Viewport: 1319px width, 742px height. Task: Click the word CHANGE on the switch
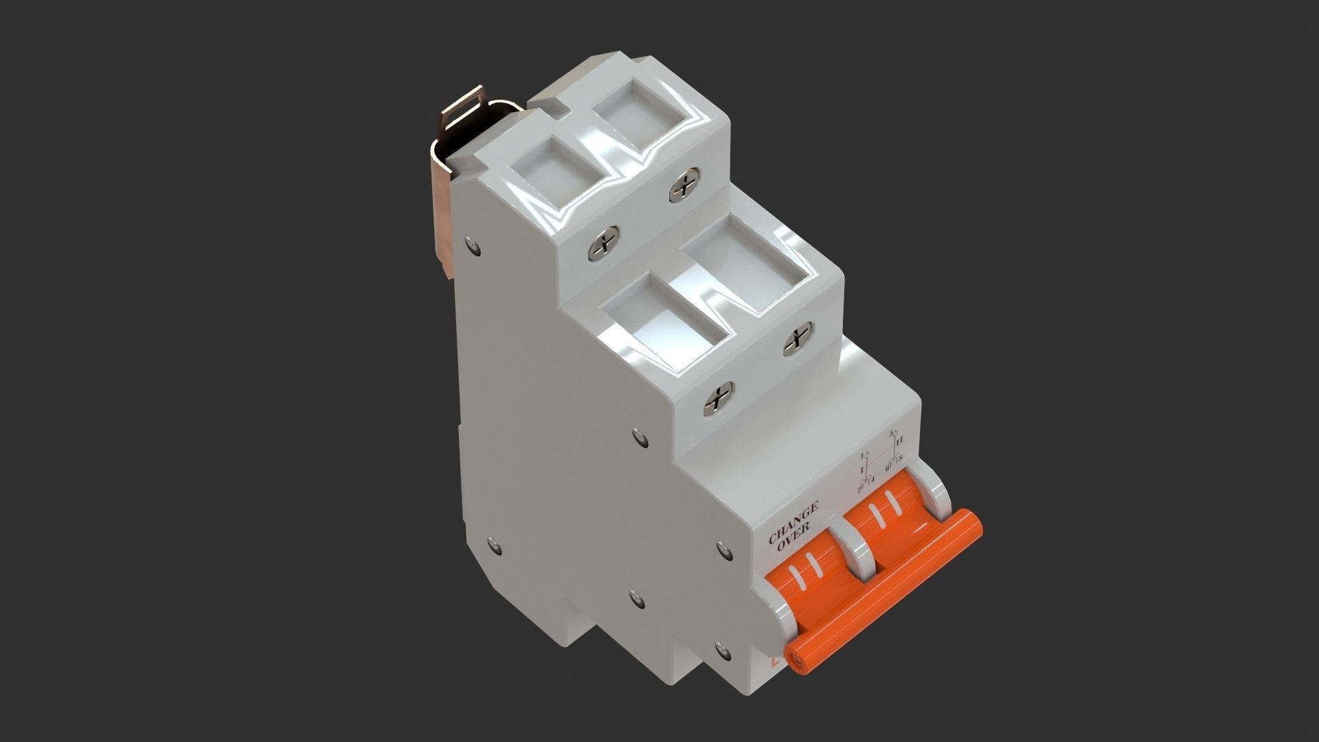click(x=793, y=522)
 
